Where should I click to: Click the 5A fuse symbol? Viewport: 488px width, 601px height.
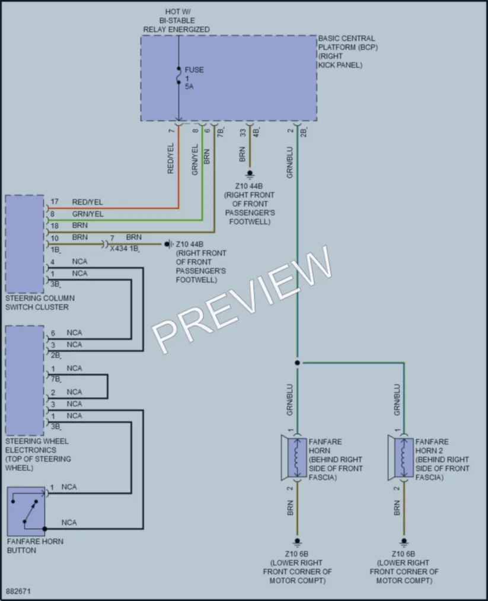(x=179, y=75)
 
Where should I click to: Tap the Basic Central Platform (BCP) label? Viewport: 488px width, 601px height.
(x=348, y=52)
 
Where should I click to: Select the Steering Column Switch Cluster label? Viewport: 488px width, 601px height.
(x=40, y=303)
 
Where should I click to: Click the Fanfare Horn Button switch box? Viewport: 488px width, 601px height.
(x=26, y=511)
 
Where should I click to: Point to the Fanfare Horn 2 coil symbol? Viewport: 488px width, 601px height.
(x=404, y=457)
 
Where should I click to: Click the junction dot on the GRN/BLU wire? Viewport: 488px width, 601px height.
(x=297, y=362)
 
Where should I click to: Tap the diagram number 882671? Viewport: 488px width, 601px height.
(x=18, y=591)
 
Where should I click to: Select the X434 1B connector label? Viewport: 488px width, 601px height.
(x=124, y=249)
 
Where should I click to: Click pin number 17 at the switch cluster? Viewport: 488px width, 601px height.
(x=55, y=202)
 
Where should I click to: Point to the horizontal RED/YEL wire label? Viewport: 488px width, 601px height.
(x=87, y=202)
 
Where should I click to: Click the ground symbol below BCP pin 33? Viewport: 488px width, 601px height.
(x=250, y=174)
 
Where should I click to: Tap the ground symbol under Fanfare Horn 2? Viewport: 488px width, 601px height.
(x=404, y=542)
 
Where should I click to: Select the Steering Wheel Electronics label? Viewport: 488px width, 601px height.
(x=38, y=454)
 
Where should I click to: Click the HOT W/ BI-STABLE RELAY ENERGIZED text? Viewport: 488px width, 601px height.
(x=177, y=21)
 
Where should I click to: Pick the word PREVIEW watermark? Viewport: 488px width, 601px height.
(x=242, y=300)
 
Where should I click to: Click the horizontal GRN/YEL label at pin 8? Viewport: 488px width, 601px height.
(x=88, y=214)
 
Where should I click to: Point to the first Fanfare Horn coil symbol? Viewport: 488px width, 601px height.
(x=297, y=457)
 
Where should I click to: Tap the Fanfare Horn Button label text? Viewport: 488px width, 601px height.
(x=35, y=546)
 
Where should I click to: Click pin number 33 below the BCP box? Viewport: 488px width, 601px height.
(x=243, y=133)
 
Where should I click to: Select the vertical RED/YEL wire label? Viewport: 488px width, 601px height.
(x=171, y=158)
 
